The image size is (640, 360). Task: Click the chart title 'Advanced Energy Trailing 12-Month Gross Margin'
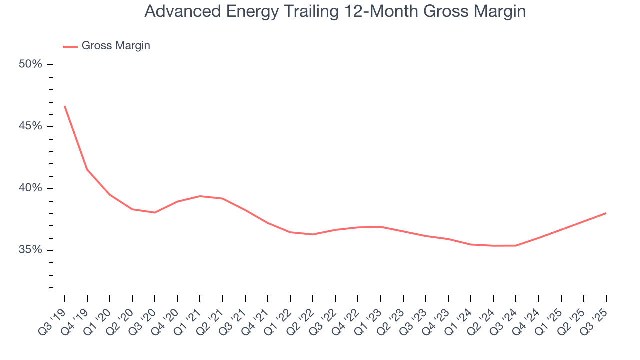(x=335, y=11)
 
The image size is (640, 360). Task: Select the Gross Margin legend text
(x=116, y=46)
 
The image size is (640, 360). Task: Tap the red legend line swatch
(x=70, y=46)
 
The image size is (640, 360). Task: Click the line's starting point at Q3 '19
(x=65, y=106)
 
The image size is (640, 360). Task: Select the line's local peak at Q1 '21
(x=200, y=196)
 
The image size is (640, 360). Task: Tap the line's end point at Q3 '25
(x=606, y=213)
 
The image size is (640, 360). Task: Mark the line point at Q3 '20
(x=155, y=213)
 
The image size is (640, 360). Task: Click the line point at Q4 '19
(x=87, y=169)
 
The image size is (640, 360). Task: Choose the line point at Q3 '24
(x=516, y=245)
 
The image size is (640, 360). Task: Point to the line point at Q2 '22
(x=313, y=234)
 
